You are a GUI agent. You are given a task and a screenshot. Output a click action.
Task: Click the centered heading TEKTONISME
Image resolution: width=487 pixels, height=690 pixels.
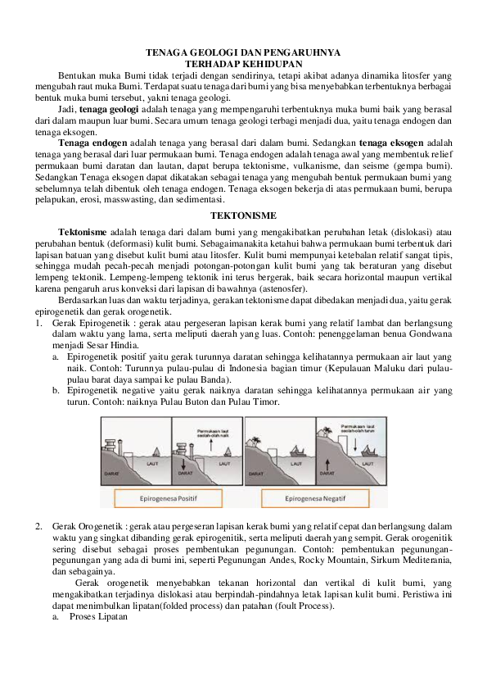point(243,215)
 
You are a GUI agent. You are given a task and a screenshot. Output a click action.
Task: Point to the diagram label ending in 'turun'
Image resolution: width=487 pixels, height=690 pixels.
point(360,430)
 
